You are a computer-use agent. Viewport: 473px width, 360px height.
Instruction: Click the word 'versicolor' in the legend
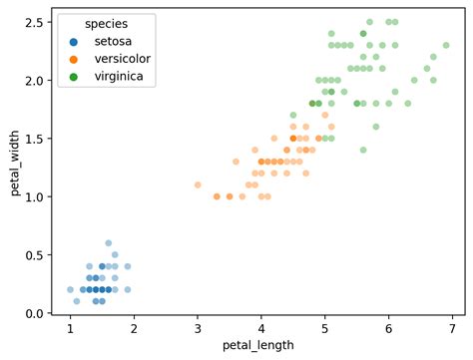point(122,59)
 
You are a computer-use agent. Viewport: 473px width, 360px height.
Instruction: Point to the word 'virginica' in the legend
point(119,76)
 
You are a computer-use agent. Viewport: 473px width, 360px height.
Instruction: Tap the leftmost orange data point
point(198,184)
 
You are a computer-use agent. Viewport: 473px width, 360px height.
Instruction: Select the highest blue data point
point(109,243)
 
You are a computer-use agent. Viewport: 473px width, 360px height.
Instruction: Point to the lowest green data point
point(363,150)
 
